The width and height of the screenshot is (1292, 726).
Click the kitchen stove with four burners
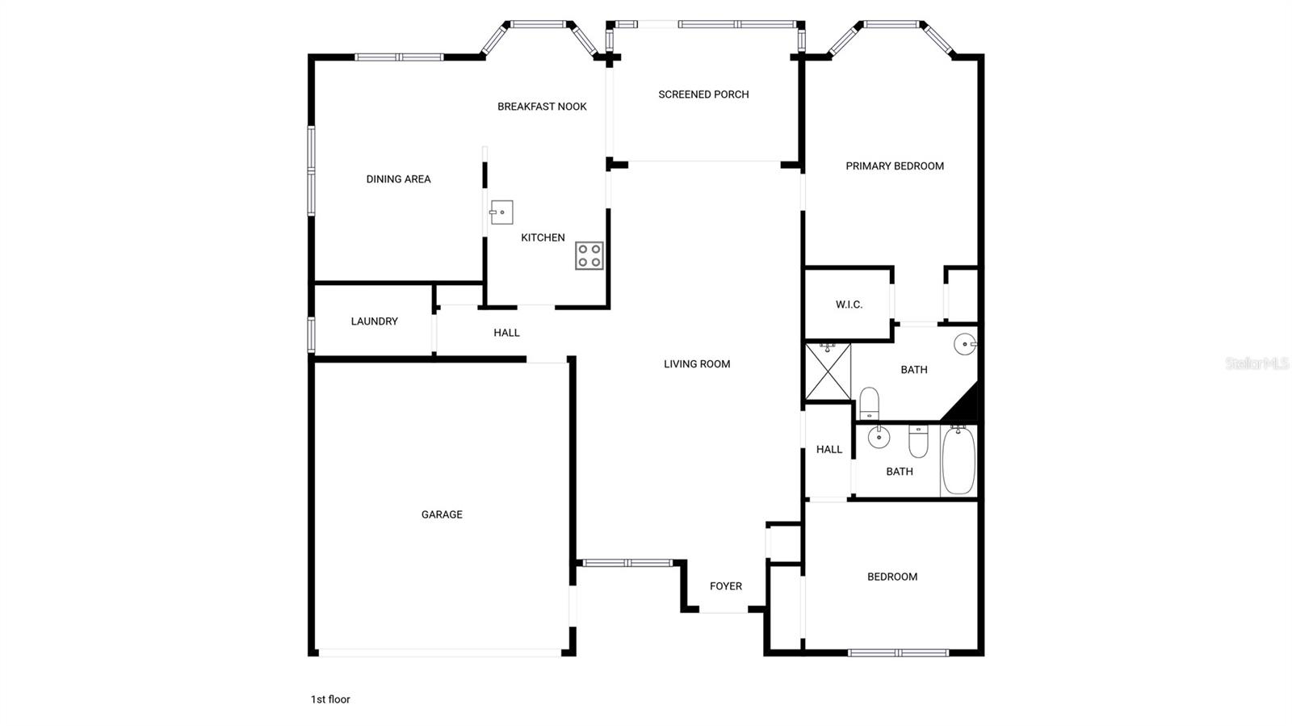(589, 255)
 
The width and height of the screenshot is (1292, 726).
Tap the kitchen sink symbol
(501, 212)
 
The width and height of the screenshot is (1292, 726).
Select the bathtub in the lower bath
(959, 460)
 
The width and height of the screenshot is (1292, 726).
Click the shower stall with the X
(828, 371)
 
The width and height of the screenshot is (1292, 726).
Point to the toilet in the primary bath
(869, 403)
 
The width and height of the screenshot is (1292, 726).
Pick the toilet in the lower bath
(919, 440)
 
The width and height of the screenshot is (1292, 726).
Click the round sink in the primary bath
(965, 344)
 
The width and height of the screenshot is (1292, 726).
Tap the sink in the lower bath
(878, 437)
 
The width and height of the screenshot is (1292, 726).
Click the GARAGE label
(442, 514)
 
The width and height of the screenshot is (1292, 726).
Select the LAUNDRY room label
(374, 321)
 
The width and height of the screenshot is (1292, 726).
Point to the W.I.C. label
(849, 304)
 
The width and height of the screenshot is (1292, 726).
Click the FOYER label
(725, 586)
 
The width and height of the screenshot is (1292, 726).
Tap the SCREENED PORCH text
(703, 94)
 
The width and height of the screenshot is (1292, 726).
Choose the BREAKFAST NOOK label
(542, 107)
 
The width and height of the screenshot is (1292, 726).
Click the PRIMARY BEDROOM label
(895, 166)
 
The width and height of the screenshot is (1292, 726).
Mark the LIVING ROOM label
(697, 364)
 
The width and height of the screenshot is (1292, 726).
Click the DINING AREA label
(398, 179)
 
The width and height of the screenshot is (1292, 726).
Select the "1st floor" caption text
(330, 699)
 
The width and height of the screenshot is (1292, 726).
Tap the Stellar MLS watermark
(1256, 363)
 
